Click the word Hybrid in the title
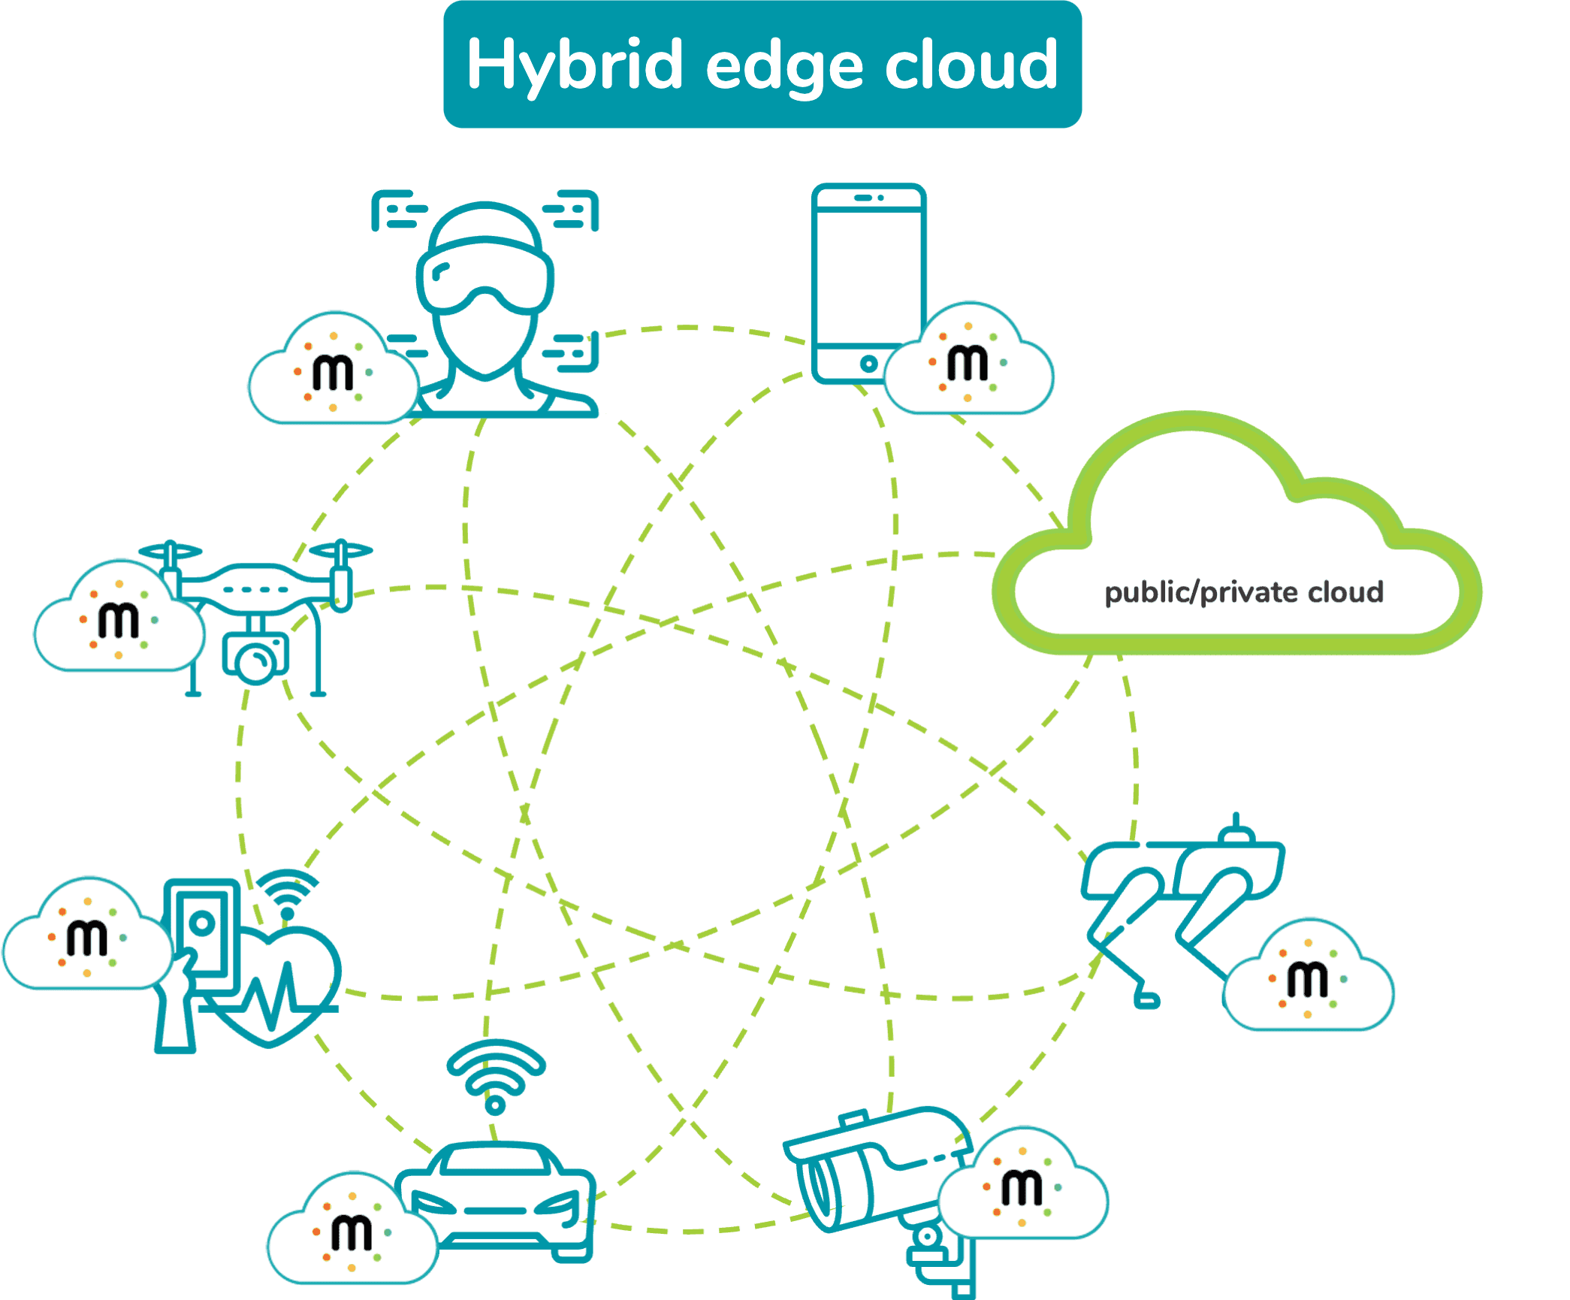pyautogui.click(x=575, y=66)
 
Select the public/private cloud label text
pyautogui.click(x=1243, y=592)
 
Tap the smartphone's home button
pyautogui.click(x=868, y=364)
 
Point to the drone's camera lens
pyautogui.click(x=256, y=661)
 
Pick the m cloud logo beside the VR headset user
pyautogui.click(x=334, y=368)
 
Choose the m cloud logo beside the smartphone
pyautogui.click(x=968, y=358)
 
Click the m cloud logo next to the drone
pyautogui.click(x=119, y=616)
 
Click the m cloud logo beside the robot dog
pyautogui.click(x=1309, y=975)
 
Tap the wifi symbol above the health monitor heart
pyautogui.click(x=287, y=893)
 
